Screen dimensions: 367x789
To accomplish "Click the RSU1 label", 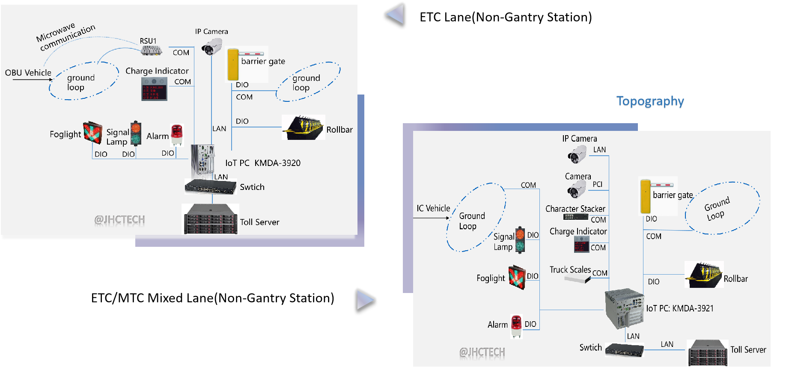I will click(x=148, y=41).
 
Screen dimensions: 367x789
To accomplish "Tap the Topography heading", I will click(x=650, y=102).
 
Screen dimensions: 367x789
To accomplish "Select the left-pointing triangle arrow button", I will click(x=396, y=14).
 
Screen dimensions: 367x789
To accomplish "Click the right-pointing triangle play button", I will click(x=365, y=299).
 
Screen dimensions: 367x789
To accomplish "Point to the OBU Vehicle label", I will click(x=28, y=73).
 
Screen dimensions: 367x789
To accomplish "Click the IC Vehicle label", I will click(x=433, y=208).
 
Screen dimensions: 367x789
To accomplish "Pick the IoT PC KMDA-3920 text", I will click(x=263, y=163).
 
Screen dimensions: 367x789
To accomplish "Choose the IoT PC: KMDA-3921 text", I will click(x=680, y=308).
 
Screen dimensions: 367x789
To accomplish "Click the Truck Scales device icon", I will click(x=577, y=279).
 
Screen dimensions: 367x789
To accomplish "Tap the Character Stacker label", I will click(x=575, y=209).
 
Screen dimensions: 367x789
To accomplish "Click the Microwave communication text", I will click(x=65, y=36).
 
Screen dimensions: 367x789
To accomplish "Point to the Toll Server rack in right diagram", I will click(x=708, y=352).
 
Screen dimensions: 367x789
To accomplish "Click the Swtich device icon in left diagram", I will click(x=210, y=187).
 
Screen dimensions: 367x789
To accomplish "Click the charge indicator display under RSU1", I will click(x=154, y=89).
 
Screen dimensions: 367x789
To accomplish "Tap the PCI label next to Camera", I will click(x=597, y=184).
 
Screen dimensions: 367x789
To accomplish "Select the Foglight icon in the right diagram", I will click(x=517, y=278).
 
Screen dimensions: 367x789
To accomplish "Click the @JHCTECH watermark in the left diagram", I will click(x=119, y=220).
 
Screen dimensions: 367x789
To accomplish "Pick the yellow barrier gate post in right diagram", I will click(x=645, y=197).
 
